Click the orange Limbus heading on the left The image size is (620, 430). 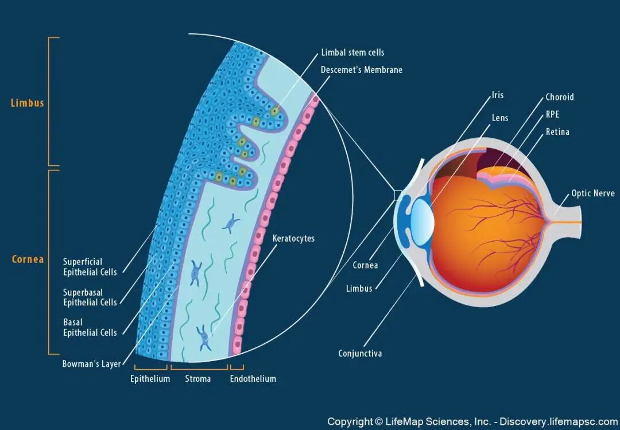(28, 103)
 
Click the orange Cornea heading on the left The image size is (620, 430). (28, 259)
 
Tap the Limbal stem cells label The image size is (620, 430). (352, 52)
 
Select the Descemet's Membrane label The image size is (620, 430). (362, 69)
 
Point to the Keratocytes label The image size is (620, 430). (293, 238)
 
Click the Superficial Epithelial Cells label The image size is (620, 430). (90, 267)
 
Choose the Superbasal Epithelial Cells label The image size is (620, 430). (90, 297)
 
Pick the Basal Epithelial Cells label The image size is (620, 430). (90, 327)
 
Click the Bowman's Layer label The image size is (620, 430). (91, 364)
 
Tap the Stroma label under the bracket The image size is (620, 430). (197, 379)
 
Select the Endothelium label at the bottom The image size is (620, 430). (253, 379)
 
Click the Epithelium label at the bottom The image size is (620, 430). (150, 379)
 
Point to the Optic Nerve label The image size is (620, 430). (592, 193)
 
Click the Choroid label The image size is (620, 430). (559, 97)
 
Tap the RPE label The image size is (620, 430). (552, 114)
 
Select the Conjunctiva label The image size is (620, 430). (360, 354)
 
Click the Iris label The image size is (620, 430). (497, 95)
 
